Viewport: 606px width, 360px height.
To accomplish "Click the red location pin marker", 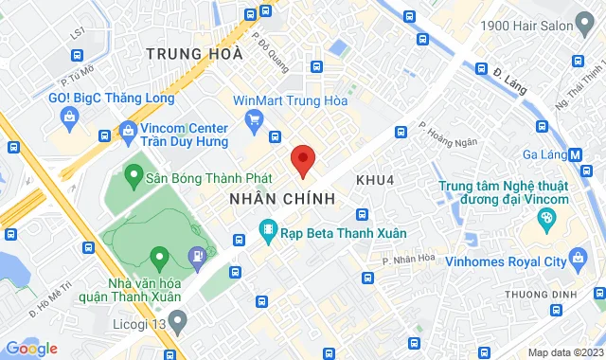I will [302, 158].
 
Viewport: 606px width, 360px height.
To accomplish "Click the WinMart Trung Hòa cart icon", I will [253, 119].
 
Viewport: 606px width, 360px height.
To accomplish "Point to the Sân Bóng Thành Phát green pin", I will [133, 176].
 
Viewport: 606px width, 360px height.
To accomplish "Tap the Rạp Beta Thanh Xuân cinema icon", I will [270, 228].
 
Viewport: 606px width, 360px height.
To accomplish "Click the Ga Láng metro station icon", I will [578, 155].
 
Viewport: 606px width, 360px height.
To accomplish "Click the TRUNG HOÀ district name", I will [195, 55].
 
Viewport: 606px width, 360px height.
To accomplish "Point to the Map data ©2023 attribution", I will [563, 352].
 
